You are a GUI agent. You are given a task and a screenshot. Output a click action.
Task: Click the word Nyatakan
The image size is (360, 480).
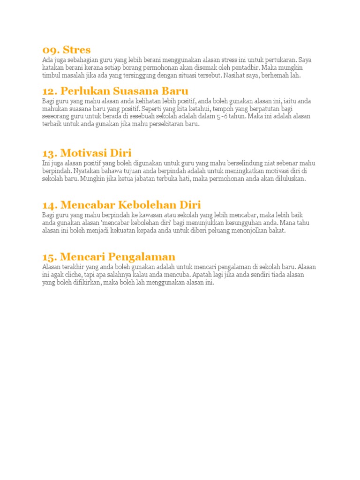[x=85, y=171]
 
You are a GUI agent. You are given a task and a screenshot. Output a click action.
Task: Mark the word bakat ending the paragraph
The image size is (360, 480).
[x=276, y=231]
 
